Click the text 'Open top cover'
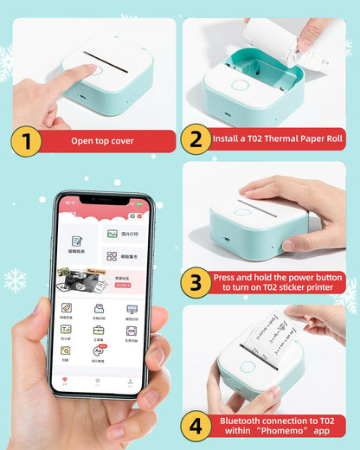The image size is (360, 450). point(100,140)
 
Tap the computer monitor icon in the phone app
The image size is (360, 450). point(132,309)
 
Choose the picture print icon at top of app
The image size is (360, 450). point(112,234)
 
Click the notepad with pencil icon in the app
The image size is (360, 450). point(77,243)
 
